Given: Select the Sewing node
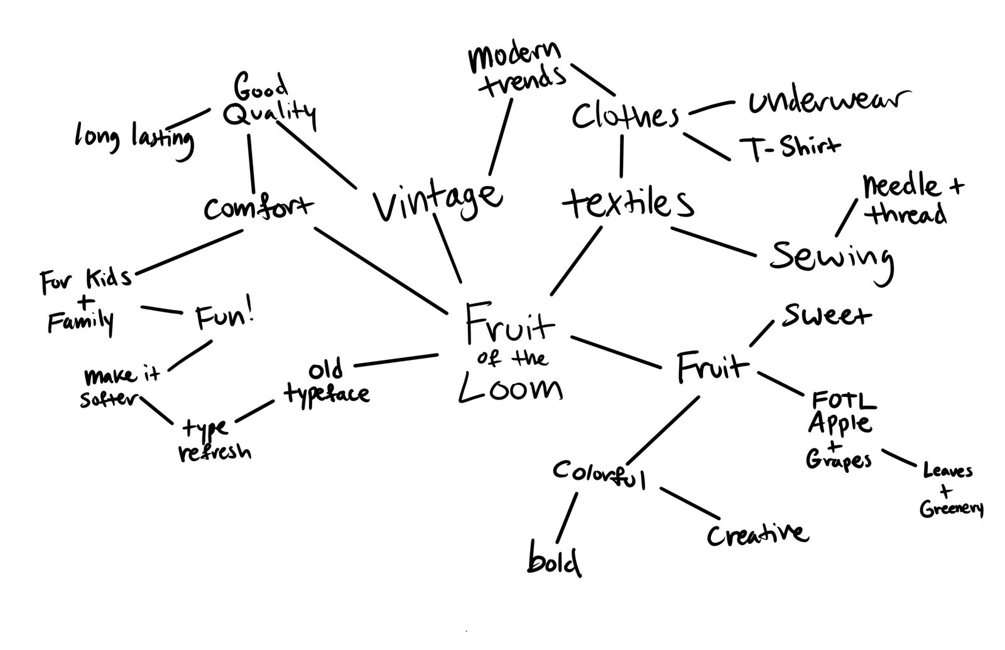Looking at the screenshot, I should click(830, 256).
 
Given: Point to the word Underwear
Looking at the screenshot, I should click(828, 102).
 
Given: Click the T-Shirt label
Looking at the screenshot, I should click(789, 147).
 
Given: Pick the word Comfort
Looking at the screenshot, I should click(258, 207).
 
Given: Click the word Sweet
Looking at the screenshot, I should click(825, 316).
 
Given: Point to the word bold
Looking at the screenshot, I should click(553, 561).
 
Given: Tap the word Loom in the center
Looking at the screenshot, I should click(510, 390).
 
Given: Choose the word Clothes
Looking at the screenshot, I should click(625, 117).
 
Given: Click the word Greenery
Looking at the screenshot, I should click(951, 509).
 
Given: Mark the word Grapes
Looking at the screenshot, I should click(839, 460).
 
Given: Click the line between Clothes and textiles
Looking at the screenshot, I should click(622, 156).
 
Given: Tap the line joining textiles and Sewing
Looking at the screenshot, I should click(713, 242).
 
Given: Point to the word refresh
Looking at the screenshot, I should click(215, 452).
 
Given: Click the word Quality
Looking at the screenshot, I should click(269, 114).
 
